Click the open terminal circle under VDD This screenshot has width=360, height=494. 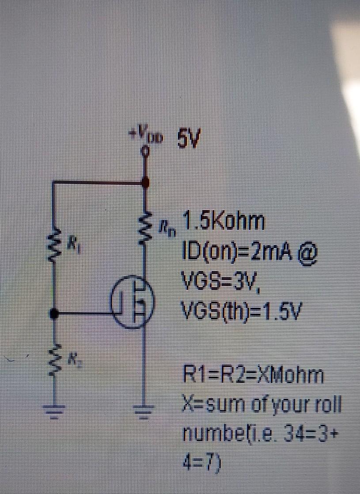coord(144,151)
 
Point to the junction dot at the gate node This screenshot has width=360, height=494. coord(54,314)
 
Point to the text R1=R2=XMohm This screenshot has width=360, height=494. coord(254,376)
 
